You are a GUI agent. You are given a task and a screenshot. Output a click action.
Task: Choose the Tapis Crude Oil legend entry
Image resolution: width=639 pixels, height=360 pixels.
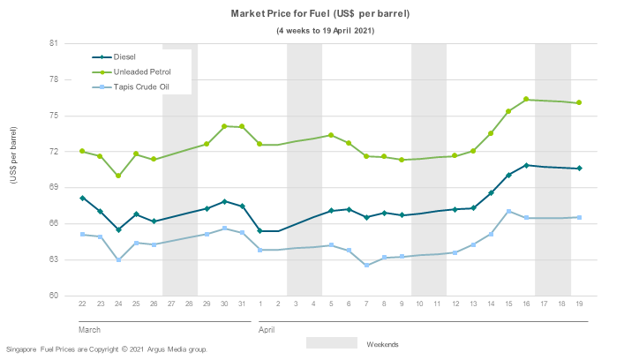140,86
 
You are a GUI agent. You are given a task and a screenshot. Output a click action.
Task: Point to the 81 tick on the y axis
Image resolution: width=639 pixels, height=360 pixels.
53,43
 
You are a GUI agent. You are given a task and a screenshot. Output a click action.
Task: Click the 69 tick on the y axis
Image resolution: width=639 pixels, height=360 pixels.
53,187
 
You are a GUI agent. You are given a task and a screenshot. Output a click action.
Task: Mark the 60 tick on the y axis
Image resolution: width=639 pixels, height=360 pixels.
53,296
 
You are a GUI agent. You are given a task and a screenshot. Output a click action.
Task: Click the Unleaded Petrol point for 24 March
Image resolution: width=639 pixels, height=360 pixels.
118,176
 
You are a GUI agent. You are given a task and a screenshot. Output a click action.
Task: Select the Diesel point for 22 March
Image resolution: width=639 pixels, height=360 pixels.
82,199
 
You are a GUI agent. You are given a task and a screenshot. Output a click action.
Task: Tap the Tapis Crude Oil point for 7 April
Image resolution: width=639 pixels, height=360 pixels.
366,265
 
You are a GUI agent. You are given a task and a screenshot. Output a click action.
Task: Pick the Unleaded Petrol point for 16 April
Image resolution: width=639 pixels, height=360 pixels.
526,100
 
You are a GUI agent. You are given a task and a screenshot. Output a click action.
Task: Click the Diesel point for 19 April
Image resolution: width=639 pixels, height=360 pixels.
579,169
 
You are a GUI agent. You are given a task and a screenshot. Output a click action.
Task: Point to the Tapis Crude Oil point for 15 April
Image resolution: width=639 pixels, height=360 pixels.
508,212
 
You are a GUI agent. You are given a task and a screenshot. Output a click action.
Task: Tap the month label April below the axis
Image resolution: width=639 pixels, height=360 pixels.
267,329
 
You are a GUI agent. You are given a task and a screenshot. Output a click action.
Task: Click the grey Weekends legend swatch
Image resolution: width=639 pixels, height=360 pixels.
332,342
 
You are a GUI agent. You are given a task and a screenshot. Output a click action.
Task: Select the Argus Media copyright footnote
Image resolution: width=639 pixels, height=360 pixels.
106,349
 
